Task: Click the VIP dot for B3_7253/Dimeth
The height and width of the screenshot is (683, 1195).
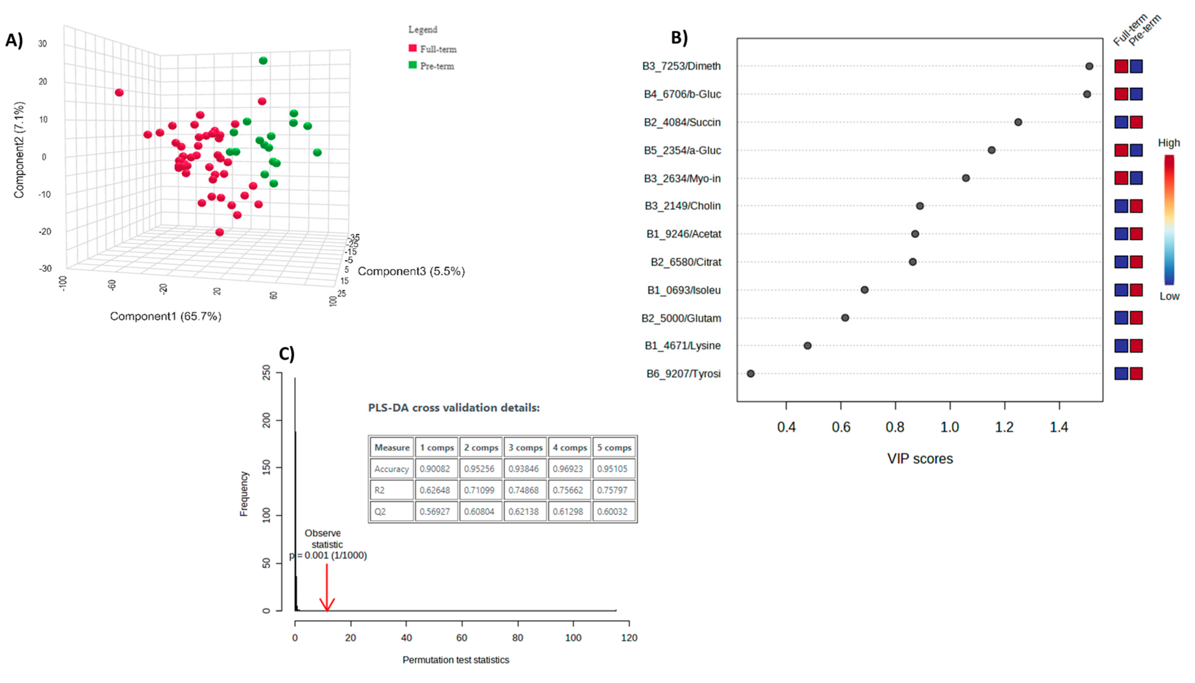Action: click(x=1089, y=66)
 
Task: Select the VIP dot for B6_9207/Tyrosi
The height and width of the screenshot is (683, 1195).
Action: click(x=750, y=374)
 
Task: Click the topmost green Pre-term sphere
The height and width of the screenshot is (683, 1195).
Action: click(x=263, y=60)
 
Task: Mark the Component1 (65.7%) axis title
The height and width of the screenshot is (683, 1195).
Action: click(x=166, y=316)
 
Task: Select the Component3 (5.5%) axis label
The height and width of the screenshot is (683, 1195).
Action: click(x=411, y=271)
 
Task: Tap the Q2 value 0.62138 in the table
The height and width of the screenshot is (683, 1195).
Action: click(x=523, y=511)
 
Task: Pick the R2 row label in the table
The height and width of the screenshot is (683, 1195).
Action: click(x=379, y=490)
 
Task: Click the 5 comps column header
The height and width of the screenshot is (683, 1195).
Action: click(x=614, y=448)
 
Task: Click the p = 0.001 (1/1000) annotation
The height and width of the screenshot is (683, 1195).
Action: click(x=328, y=556)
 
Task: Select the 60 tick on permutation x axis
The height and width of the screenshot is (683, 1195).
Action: click(x=462, y=638)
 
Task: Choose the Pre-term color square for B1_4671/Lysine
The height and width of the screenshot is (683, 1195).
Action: click(x=1136, y=346)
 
